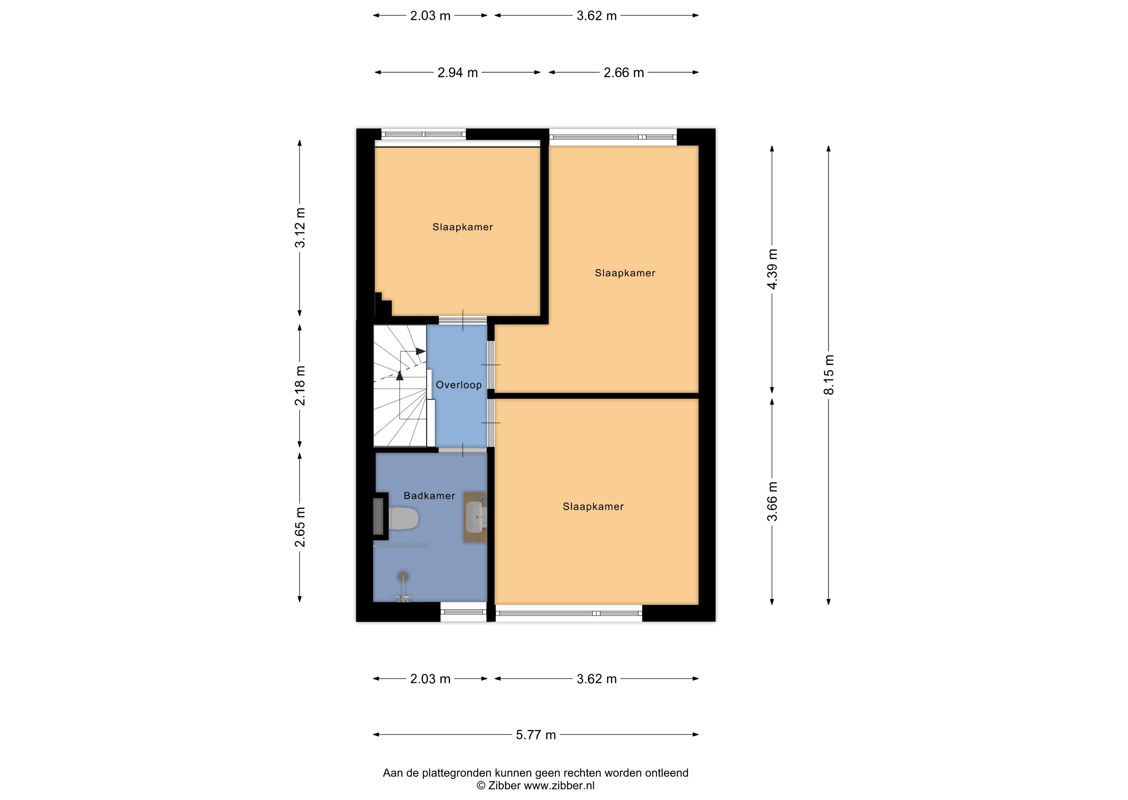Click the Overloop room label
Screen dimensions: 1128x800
click(459, 385)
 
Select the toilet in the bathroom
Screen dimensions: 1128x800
click(403, 519)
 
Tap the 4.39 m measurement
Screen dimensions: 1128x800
click(772, 269)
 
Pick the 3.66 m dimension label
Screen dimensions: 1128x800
click(772, 501)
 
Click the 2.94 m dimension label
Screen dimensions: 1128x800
click(458, 73)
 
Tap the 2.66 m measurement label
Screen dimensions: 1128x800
click(624, 73)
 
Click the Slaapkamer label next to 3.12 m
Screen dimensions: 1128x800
click(463, 227)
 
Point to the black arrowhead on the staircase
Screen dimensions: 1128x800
click(421, 351)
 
